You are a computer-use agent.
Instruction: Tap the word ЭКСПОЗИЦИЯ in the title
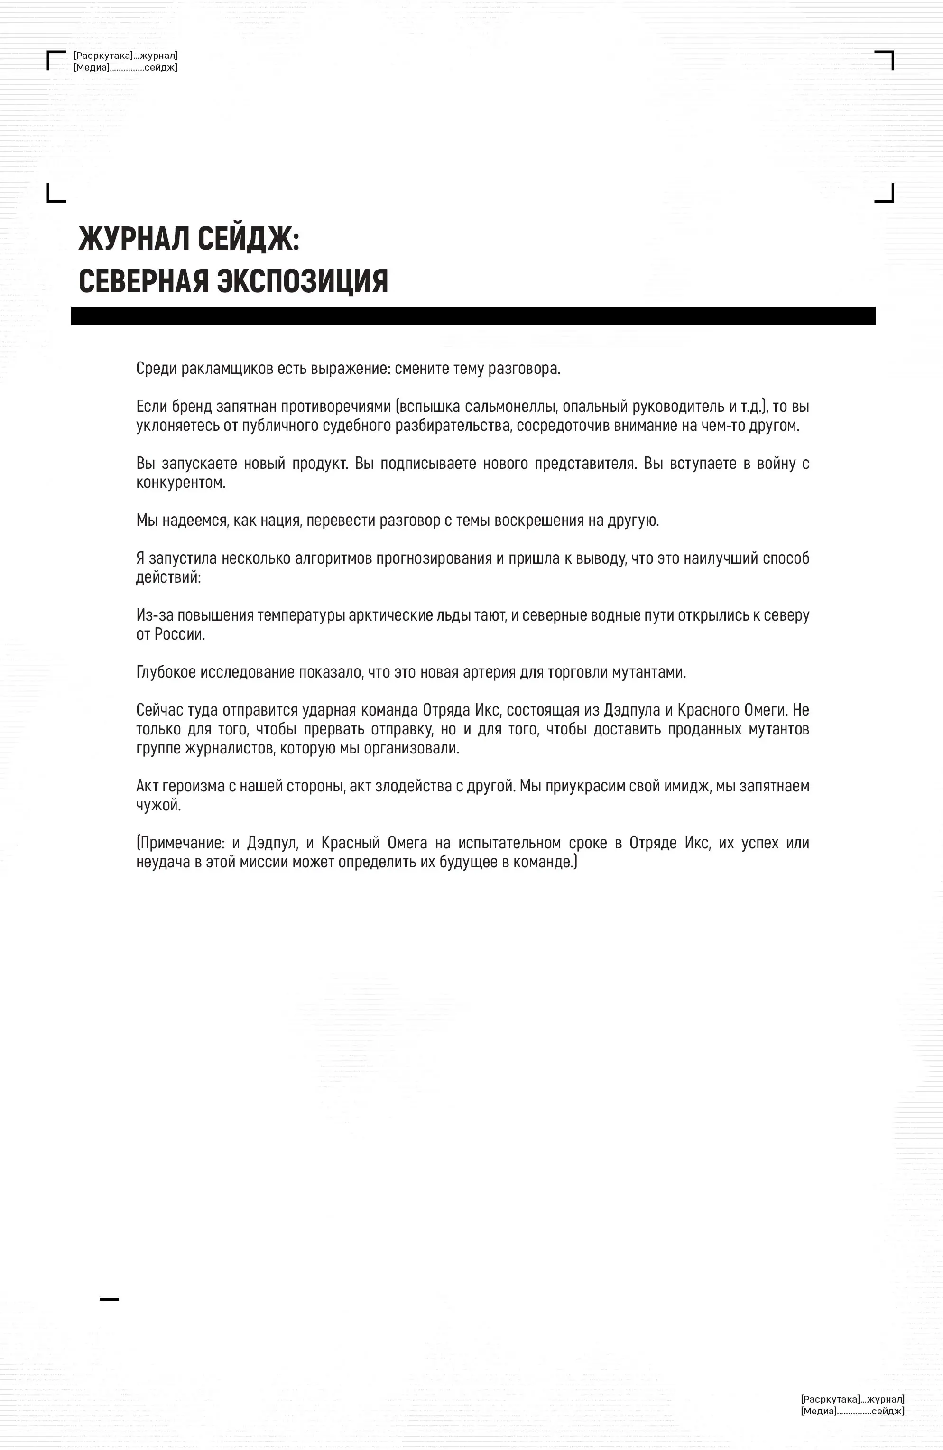[x=303, y=281]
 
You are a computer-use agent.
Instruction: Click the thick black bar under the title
[x=473, y=316]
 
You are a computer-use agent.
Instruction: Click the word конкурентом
[x=181, y=483]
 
